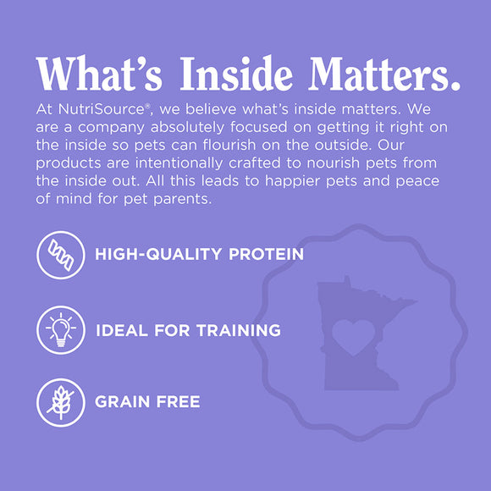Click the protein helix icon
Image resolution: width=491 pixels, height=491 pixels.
(x=61, y=254)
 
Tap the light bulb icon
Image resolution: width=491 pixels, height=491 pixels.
(x=61, y=329)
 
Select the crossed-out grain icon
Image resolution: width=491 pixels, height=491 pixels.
(x=61, y=400)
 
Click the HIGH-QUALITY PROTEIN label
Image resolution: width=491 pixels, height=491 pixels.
(x=199, y=254)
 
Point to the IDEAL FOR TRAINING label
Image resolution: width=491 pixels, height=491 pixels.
(x=188, y=329)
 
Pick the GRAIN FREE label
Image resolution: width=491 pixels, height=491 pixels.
(x=147, y=400)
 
